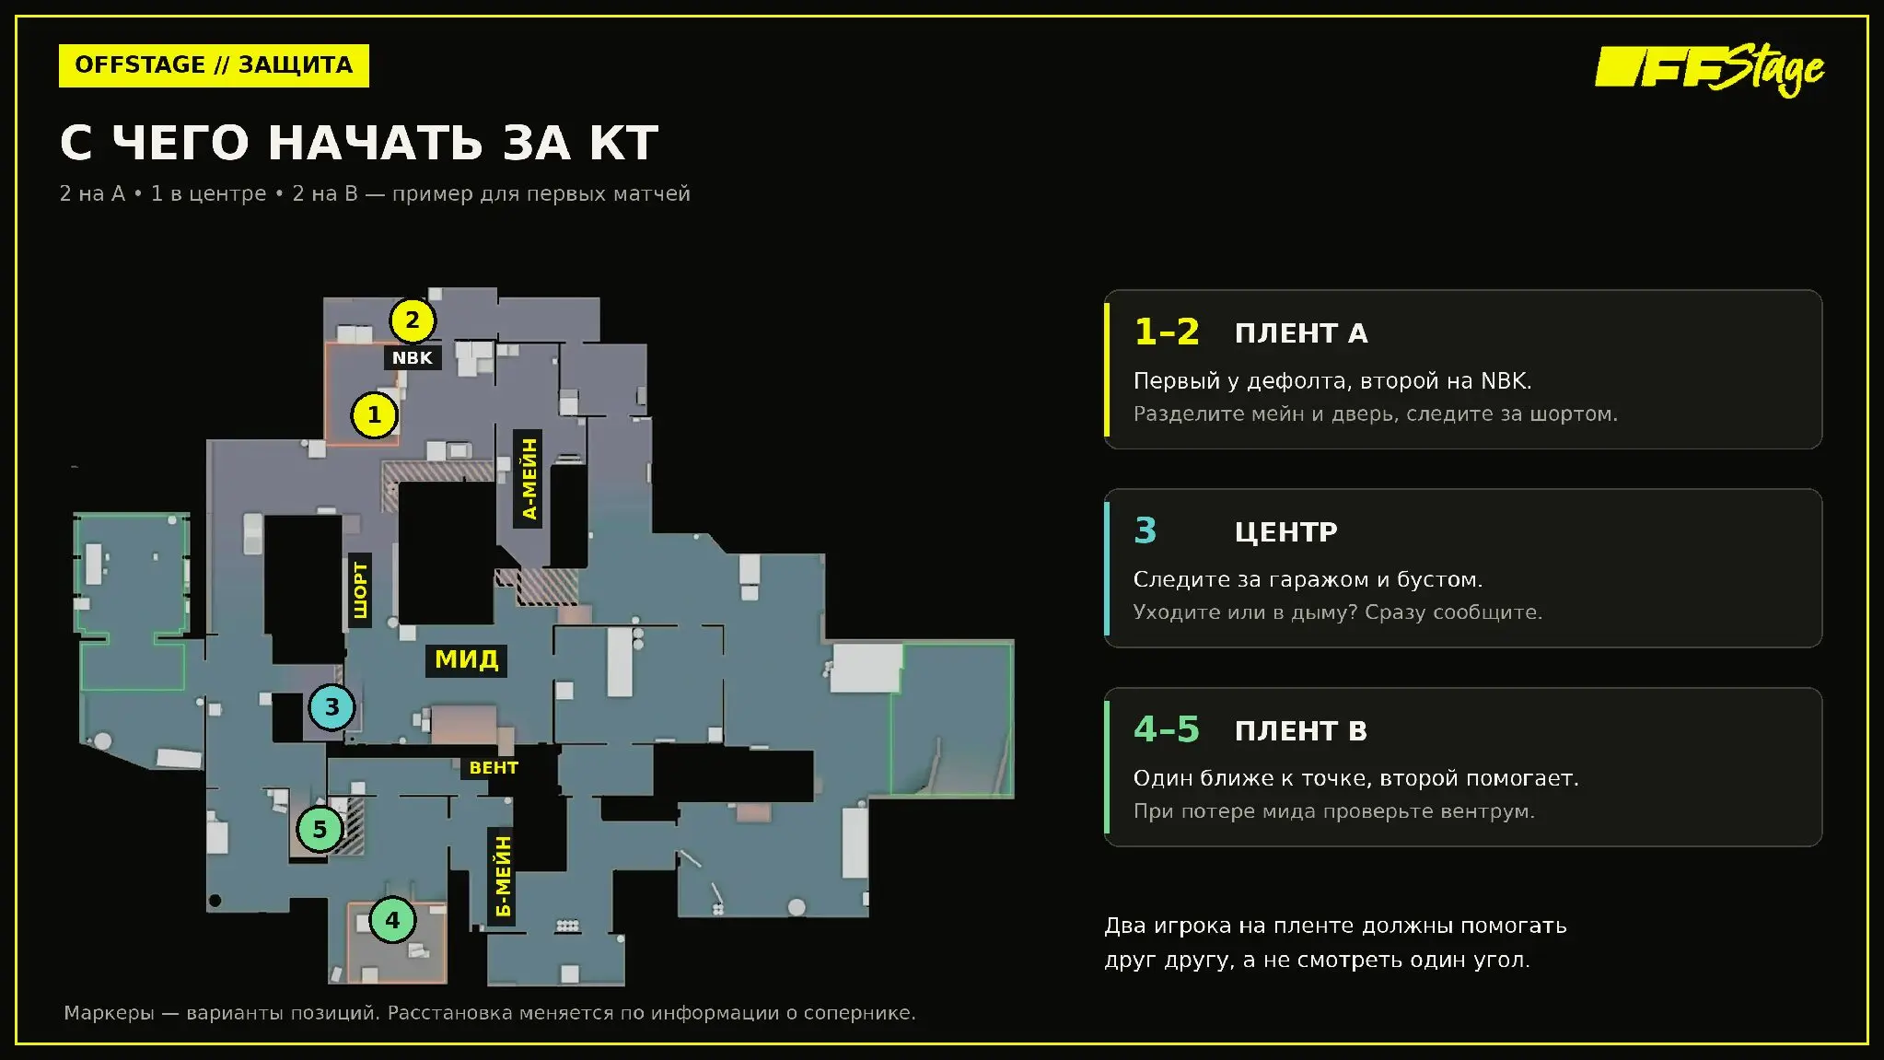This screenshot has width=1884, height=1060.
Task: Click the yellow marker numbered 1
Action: [x=374, y=415]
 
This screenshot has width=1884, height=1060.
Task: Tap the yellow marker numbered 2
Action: [x=412, y=320]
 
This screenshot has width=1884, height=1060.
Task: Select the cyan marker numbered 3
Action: [x=331, y=707]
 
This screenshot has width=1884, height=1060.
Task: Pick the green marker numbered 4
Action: [x=392, y=919]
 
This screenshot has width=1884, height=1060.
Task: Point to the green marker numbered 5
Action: [x=320, y=829]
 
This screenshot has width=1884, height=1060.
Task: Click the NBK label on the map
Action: [x=412, y=358]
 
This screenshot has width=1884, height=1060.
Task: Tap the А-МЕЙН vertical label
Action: [x=529, y=479]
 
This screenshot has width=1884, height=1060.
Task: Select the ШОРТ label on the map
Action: [x=360, y=590]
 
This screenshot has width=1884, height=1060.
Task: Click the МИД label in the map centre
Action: [x=467, y=659]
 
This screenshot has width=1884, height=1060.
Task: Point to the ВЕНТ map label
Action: [x=494, y=767]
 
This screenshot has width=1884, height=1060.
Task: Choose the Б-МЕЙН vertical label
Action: [x=502, y=877]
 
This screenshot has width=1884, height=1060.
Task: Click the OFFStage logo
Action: [x=1709, y=70]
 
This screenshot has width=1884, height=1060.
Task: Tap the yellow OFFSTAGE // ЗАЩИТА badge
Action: [x=214, y=65]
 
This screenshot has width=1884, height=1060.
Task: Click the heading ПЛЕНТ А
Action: [x=1301, y=333]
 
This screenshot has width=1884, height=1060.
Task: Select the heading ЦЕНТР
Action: [x=1285, y=532]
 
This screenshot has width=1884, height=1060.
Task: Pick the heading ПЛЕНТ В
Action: [x=1301, y=731]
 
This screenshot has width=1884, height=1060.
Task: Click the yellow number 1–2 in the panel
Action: [x=1167, y=332]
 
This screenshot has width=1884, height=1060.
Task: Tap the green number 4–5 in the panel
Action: [x=1167, y=729]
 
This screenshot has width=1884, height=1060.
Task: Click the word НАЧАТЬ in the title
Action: [x=376, y=143]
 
